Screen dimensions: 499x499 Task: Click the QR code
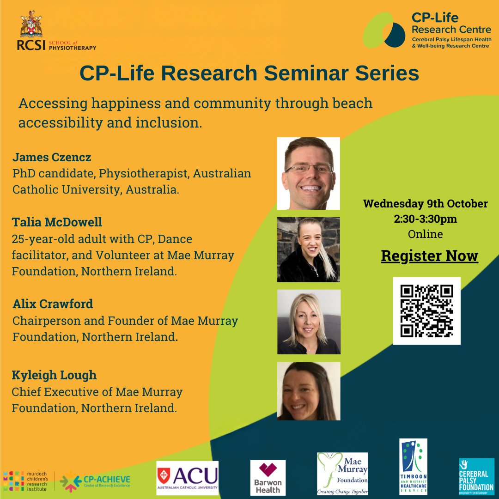pyautogui.click(x=426, y=310)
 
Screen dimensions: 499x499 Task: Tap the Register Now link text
pyautogui.click(x=429, y=256)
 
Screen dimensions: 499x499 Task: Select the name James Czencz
pyautogui.click(x=52, y=157)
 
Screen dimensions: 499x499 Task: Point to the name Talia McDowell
pyautogui.click(x=57, y=222)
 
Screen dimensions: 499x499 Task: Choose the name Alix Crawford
pyautogui.click(x=53, y=304)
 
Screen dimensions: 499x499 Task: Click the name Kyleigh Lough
pyautogui.click(x=54, y=375)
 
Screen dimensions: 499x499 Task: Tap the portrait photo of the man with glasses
pyautogui.click(x=308, y=173)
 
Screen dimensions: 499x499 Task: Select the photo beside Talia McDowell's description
pyautogui.click(x=308, y=249)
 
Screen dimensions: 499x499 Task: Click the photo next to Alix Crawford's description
pyautogui.click(x=308, y=322)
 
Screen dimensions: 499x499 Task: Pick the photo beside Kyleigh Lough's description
pyautogui.click(x=308, y=391)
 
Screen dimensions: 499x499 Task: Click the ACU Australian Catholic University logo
pyautogui.click(x=187, y=478)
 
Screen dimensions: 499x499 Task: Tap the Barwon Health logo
pyautogui.click(x=268, y=478)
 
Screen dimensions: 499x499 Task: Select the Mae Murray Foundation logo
pyautogui.click(x=342, y=474)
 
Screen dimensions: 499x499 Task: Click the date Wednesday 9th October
pyautogui.click(x=425, y=204)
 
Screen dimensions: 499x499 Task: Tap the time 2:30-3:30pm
pyautogui.click(x=425, y=219)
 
